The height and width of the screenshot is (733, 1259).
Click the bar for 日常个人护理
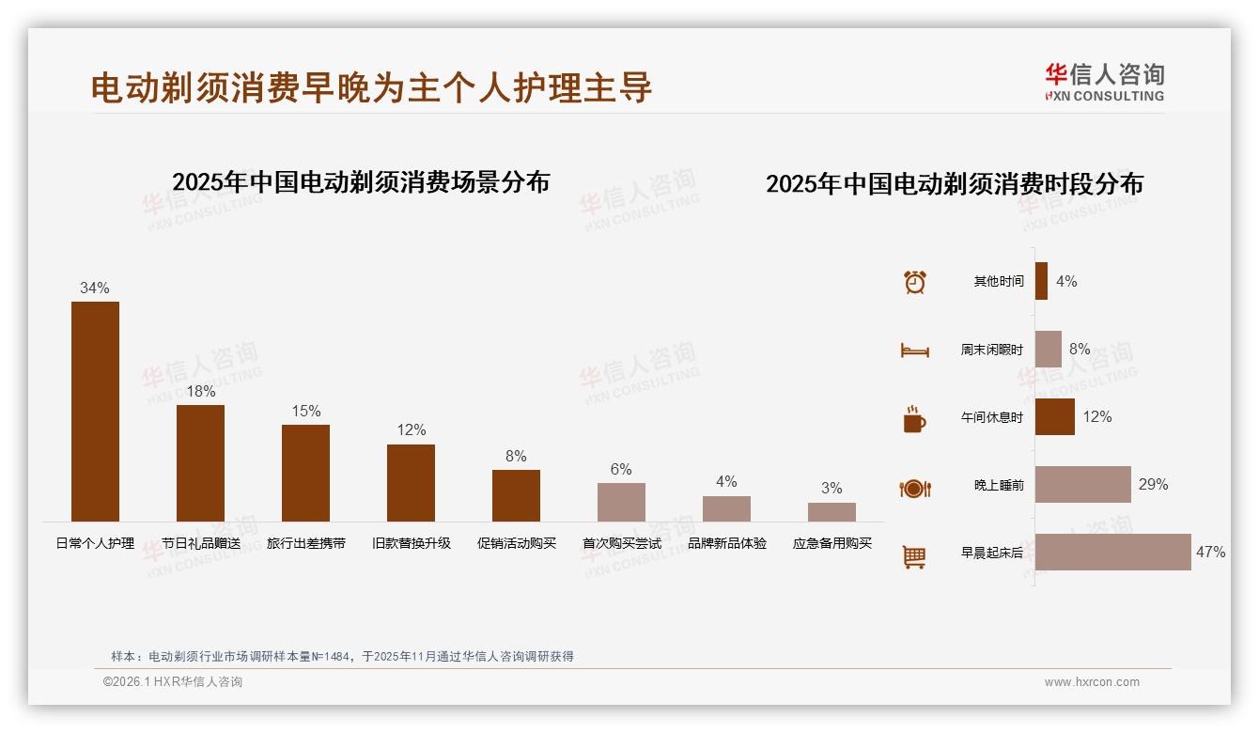(95, 411)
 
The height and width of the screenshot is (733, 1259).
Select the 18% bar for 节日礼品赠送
(200, 462)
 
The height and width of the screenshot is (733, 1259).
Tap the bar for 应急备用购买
(832, 512)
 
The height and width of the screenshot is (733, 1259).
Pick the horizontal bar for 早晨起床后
(1112, 552)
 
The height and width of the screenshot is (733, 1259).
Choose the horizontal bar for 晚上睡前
(1082, 484)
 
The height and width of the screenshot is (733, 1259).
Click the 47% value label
(1210, 553)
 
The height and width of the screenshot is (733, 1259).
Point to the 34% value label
(95, 289)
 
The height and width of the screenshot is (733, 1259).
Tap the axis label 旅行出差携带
(305, 543)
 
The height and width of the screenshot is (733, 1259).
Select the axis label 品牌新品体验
(726, 543)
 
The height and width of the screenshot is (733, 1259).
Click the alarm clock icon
(914, 282)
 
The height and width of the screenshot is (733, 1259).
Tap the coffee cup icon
(914, 419)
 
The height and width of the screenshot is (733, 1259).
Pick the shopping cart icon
(914, 556)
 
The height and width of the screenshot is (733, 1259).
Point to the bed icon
(914, 351)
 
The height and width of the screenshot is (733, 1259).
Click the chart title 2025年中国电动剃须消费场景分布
(361, 181)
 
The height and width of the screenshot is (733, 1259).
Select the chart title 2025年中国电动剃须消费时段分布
(954, 184)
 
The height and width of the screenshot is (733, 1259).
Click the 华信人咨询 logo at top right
(1104, 82)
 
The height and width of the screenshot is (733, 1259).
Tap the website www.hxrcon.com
(1092, 682)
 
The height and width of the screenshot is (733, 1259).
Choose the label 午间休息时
(991, 417)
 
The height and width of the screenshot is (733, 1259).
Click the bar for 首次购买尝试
(621, 502)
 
